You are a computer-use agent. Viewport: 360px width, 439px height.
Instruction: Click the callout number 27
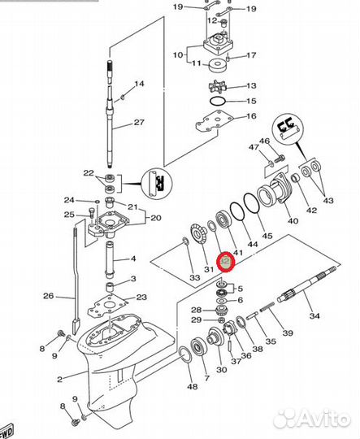point(138,124)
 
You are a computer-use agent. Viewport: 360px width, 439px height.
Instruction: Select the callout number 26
point(49,295)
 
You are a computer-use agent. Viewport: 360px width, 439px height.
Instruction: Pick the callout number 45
point(267,235)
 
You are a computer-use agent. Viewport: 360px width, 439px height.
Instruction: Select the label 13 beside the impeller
point(251,85)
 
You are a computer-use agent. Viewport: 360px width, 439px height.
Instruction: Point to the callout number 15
point(251,101)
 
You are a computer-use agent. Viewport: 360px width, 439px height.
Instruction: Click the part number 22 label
point(89,172)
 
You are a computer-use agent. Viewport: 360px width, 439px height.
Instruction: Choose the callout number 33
point(194,278)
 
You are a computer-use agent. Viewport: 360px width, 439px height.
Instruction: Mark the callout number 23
point(141,298)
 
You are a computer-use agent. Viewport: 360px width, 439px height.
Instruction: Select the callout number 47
point(254,147)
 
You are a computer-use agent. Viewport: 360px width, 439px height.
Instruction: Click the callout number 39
point(287,333)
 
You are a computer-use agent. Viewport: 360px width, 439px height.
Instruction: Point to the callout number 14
point(139,84)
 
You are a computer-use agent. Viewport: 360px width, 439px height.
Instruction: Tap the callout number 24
point(69,200)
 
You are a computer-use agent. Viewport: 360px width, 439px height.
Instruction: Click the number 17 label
point(251,56)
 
